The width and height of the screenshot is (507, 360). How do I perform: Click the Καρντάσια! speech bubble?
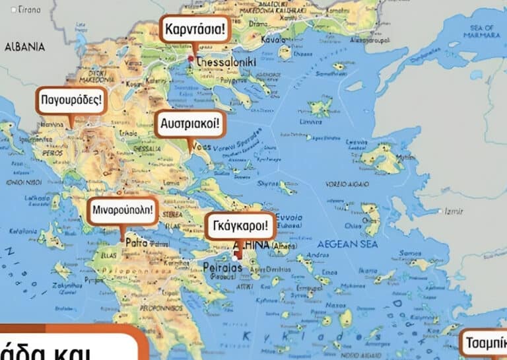coord(195,30)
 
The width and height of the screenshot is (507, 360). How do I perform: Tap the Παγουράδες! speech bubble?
coord(71,101)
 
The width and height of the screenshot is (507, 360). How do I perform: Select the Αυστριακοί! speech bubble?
coord(190,124)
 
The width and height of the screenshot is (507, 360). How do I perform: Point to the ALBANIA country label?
coord(25,47)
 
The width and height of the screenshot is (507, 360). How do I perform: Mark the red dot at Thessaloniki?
coord(190,59)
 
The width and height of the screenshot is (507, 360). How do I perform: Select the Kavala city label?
coord(273,40)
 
